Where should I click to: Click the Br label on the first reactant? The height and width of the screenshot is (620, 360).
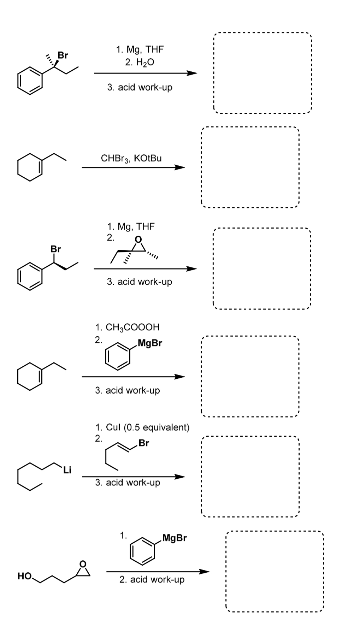63,55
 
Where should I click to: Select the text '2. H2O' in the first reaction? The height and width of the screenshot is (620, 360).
140,63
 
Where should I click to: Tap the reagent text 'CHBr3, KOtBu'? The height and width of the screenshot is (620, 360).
131,158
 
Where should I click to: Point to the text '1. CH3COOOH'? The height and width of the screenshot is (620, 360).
128,327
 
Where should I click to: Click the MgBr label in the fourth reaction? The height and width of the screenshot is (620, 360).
150,343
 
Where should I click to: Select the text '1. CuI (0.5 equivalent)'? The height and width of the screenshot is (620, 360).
142,427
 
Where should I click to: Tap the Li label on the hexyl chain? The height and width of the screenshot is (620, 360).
67,470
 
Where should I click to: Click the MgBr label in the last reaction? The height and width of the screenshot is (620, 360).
175,538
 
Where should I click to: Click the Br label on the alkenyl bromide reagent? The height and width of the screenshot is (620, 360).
144,443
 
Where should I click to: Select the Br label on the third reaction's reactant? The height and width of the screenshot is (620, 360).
56,249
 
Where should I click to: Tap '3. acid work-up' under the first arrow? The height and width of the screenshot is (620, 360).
140,87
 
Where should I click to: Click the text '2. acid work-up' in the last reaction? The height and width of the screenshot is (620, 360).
152,580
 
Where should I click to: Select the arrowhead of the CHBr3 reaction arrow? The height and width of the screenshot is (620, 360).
180,167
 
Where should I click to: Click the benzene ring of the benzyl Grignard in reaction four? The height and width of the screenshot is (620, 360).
117,357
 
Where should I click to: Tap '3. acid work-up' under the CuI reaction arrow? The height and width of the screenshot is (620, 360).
128,483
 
